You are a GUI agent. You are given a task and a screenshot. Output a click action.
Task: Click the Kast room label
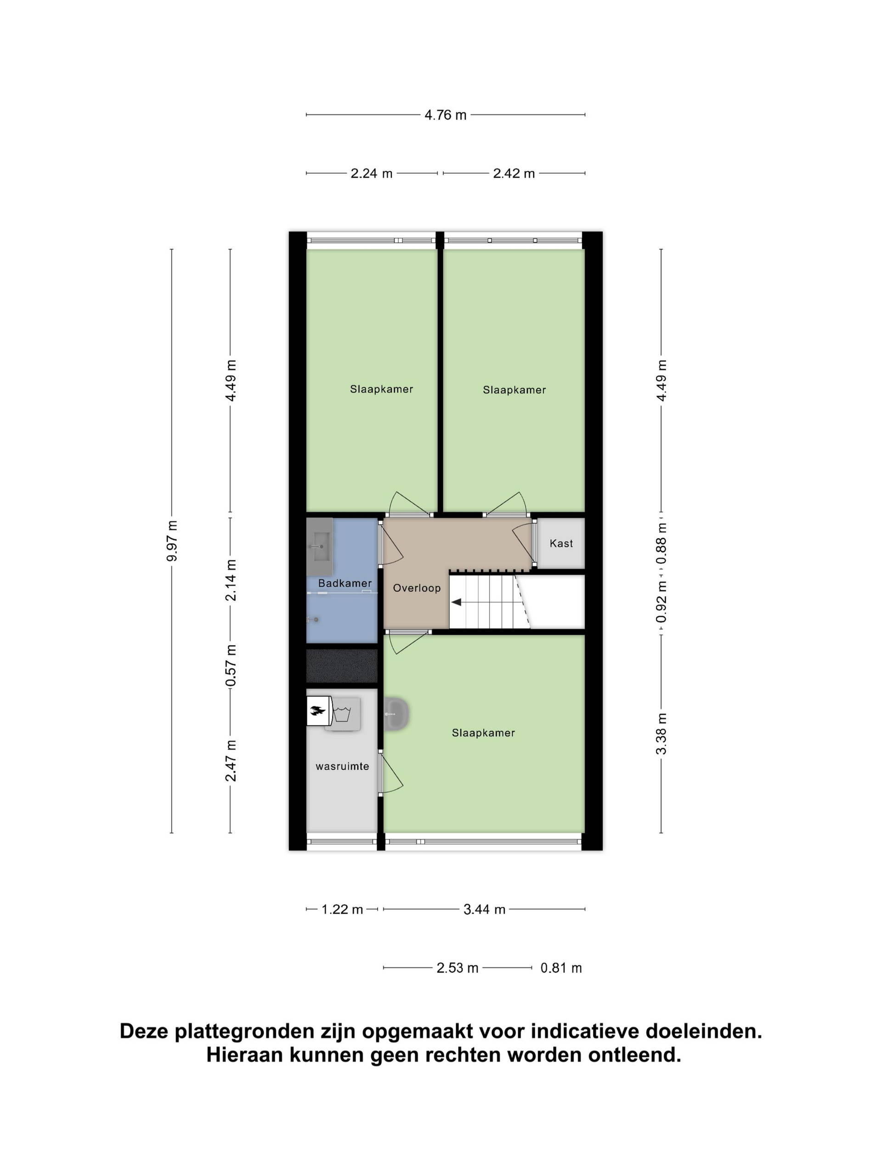pos(561,543)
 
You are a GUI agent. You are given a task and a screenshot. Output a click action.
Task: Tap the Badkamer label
pos(345,583)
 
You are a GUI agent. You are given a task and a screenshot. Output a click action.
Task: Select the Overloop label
pos(417,588)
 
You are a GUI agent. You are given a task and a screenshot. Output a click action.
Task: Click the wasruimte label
pos(342,766)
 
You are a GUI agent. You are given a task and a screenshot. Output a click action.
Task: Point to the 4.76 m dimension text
pos(445,115)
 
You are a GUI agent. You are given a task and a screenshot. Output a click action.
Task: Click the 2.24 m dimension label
pos(371,173)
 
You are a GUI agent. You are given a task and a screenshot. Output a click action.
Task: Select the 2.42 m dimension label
pos(514,173)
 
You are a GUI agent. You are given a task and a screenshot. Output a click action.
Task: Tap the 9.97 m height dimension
pos(172,541)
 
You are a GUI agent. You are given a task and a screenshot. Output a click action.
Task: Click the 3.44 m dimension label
pos(484,909)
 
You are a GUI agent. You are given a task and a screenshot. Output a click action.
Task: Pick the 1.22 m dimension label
pos(342,909)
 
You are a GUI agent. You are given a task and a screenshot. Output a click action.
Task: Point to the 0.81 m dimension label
pos(561,967)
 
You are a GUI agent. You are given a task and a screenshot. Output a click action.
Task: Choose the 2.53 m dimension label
pos(457,967)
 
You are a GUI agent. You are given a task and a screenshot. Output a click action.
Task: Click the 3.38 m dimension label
pos(661,734)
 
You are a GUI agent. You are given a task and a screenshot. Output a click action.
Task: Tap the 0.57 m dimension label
pos(230,666)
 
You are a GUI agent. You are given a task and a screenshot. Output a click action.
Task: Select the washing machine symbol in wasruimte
pos(342,714)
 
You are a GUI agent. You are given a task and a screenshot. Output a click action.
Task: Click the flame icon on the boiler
pos(318,711)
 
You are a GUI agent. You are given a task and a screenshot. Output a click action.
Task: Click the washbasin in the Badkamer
pos(320,547)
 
